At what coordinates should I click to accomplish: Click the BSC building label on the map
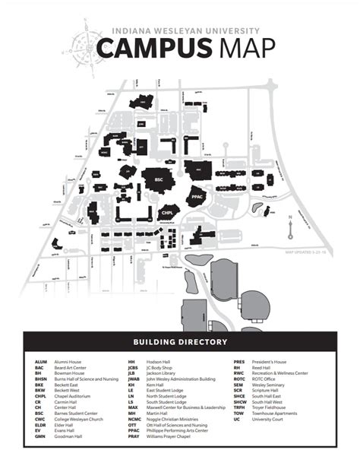pos(159,180)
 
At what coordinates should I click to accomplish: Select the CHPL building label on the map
pos(168,212)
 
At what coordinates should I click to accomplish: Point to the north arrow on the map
pos(290,226)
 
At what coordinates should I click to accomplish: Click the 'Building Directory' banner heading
pos(179,342)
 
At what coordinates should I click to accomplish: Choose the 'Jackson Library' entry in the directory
pos(158,374)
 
